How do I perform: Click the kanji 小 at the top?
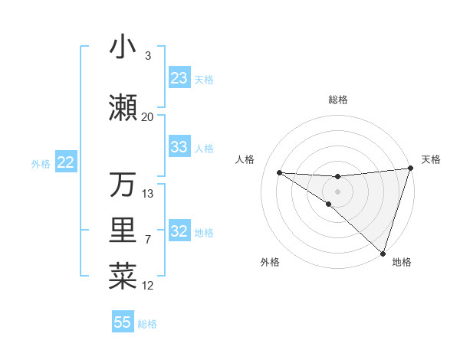123,47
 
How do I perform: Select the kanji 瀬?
123,108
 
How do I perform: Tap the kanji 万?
123,185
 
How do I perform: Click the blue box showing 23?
179,78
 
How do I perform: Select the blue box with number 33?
179,147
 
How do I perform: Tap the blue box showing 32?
179,231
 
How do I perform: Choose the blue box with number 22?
65,162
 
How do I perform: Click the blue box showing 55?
123,322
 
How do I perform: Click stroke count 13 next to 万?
148,193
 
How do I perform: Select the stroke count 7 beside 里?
148,240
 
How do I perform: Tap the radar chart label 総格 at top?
338,100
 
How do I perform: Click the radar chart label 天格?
431,159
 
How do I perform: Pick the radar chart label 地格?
402,262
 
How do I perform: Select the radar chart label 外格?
270,262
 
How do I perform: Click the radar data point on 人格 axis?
279,172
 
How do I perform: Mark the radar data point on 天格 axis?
410,169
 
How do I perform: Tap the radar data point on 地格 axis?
383,253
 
